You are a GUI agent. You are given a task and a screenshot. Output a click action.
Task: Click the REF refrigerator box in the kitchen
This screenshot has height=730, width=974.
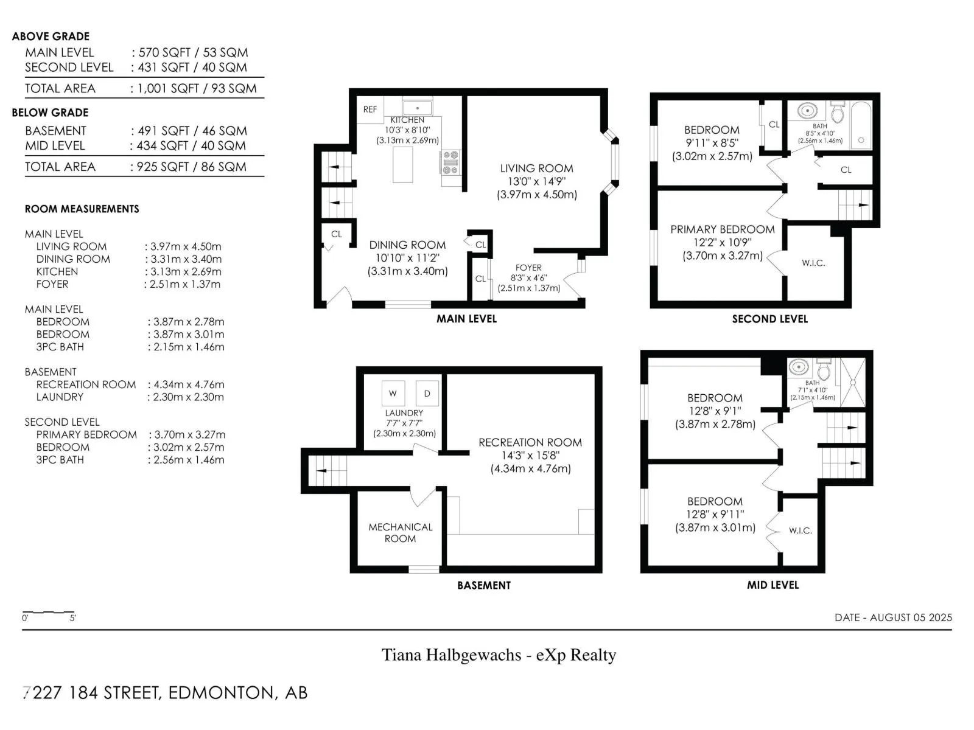[370, 109]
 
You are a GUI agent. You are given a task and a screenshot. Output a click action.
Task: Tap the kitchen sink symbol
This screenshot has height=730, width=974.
[417, 108]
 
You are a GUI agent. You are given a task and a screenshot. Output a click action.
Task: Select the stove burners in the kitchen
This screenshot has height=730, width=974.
[451, 162]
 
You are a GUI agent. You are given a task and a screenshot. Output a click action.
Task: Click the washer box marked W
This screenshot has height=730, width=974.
[393, 393]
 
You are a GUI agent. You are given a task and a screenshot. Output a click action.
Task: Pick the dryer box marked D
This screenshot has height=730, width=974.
[427, 393]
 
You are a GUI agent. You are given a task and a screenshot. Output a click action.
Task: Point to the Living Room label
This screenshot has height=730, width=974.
[536, 169]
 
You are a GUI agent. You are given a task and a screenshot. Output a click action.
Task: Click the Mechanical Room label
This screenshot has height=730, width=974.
[400, 533]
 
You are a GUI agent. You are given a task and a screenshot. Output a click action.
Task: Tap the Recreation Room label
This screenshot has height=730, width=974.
[530, 442]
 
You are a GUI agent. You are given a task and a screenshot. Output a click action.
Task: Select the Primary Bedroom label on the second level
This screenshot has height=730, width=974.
[723, 229]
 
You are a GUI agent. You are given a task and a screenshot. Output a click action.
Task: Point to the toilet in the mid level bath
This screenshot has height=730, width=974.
[824, 370]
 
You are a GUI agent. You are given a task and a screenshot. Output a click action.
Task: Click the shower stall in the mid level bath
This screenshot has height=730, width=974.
[853, 382]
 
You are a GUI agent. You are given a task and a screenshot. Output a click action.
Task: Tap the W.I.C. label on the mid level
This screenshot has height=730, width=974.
[801, 530]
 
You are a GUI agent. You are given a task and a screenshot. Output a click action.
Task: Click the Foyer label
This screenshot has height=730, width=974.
[528, 268]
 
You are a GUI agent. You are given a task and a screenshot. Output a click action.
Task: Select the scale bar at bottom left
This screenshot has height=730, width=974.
[48, 613]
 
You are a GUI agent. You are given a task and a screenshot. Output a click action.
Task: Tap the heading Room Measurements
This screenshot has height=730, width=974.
[82, 209]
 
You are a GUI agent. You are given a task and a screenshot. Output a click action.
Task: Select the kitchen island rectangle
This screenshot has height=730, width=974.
[403, 165]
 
